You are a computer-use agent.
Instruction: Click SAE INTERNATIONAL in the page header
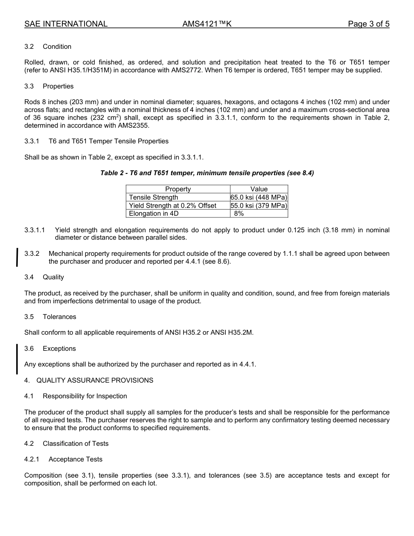(x=66, y=24)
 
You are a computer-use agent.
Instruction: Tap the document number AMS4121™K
(x=207, y=24)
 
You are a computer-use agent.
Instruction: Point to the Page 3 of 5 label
(x=368, y=24)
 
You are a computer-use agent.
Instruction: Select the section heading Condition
(x=57, y=47)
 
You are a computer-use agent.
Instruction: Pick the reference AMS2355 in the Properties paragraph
(x=135, y=126)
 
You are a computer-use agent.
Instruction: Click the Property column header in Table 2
(x=178, y=189)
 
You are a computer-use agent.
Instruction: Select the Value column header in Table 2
(x=259, y=189)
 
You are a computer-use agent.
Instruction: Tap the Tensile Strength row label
(x=153, y=197)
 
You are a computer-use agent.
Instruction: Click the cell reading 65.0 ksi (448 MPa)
(x=259, y=197)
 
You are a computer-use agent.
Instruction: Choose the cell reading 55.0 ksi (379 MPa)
(x=259, y=206)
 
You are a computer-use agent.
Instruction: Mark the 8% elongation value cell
(x=239, y=214)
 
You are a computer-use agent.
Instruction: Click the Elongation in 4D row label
(x=154, y=214)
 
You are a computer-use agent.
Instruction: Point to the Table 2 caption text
(x=207, y=173)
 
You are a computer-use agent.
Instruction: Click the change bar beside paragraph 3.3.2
(x=17, y=257)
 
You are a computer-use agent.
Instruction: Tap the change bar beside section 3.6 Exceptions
(x=17, y=359)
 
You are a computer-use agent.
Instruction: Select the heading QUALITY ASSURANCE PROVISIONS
(x=95, y=380)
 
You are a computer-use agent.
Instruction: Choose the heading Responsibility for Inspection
(x=85, y=396)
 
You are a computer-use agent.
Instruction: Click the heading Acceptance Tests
(x=75, y=459)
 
